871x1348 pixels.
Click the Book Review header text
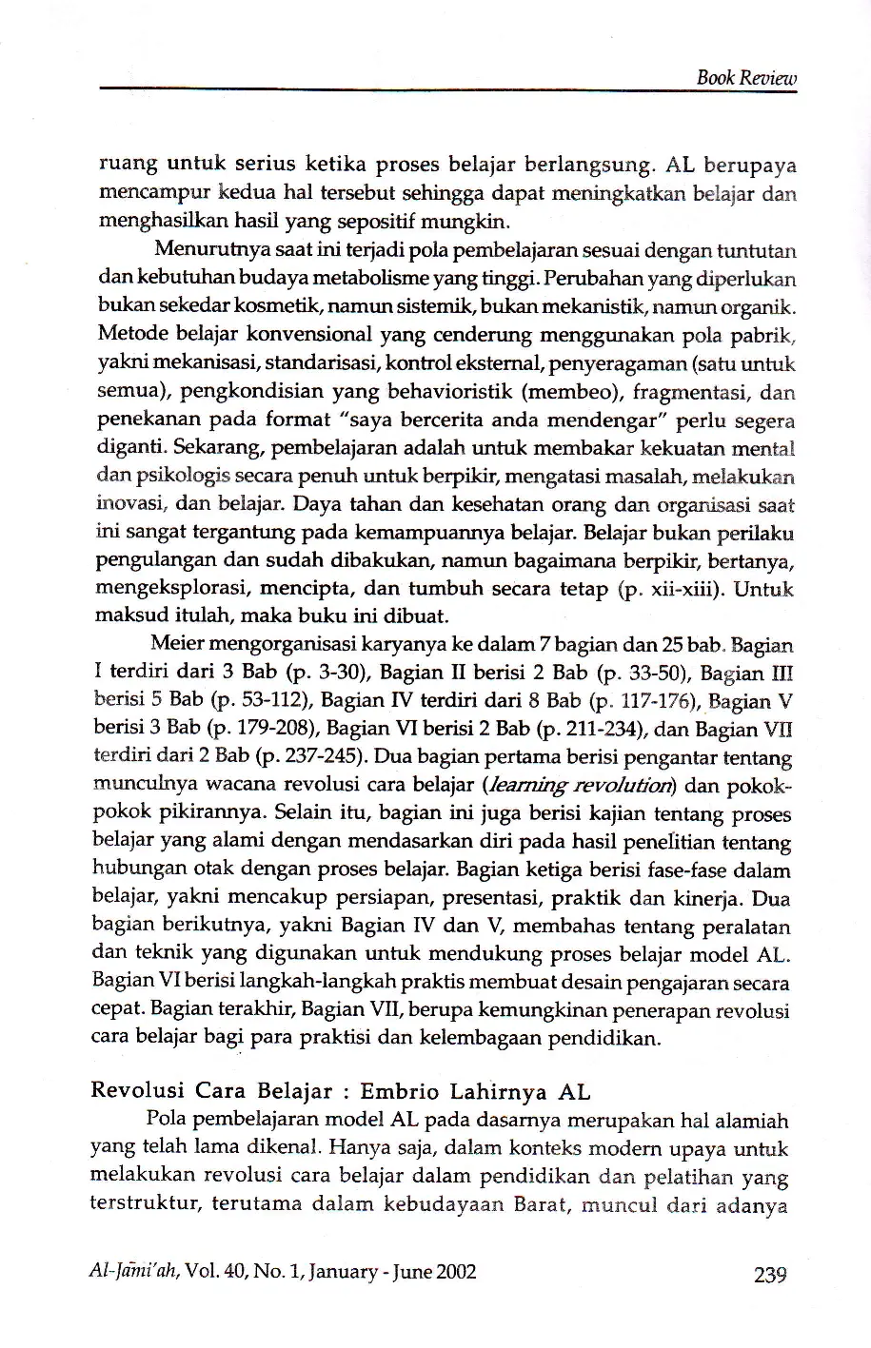[745, 78]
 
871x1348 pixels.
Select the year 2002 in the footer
[454, 1271]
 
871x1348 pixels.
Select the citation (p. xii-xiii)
[671, 589]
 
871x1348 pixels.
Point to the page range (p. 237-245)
[312, 757]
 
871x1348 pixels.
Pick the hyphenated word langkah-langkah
[298, 982]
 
